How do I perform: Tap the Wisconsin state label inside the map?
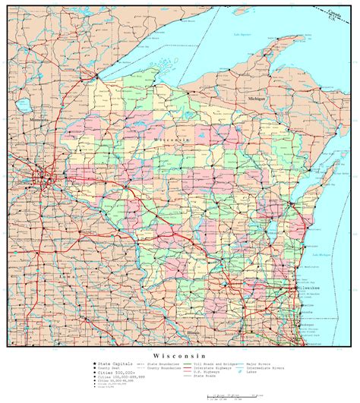[x=172, y=141]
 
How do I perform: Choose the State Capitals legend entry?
[x=114, y=364]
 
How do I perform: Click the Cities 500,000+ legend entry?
[x=114, y=373]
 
